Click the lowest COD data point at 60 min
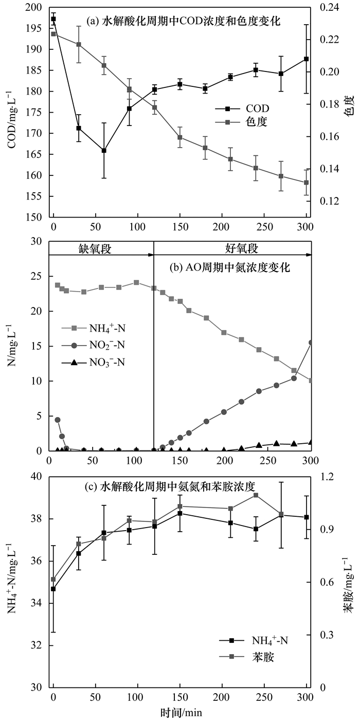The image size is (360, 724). (104, 151)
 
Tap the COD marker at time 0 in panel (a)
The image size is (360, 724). (53, 19)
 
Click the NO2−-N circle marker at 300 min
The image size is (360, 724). (311, 342)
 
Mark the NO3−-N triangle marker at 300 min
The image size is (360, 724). (311, 442)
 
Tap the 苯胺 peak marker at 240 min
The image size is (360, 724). (256, 495)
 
